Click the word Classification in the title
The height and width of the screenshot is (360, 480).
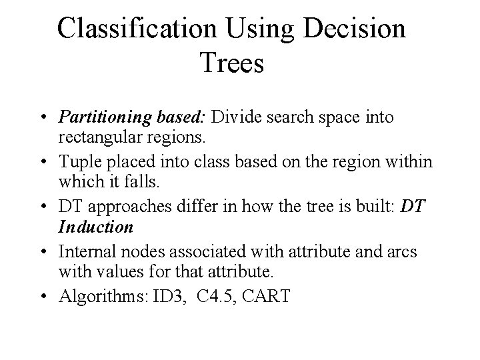tap(137, 29)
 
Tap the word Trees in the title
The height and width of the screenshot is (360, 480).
tap(231, 65)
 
